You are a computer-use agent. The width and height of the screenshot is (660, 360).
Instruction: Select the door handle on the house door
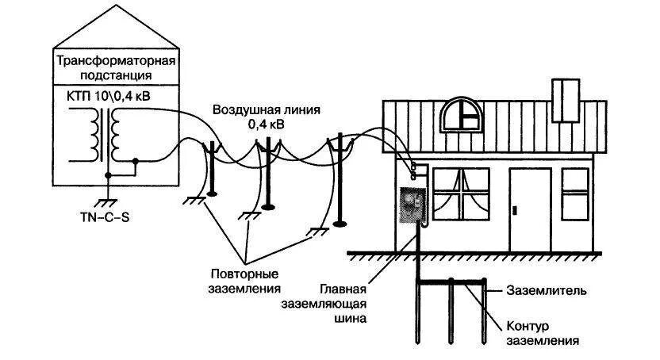[x=516, y=210]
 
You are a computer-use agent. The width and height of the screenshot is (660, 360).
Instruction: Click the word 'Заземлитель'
[x=547, y=291]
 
